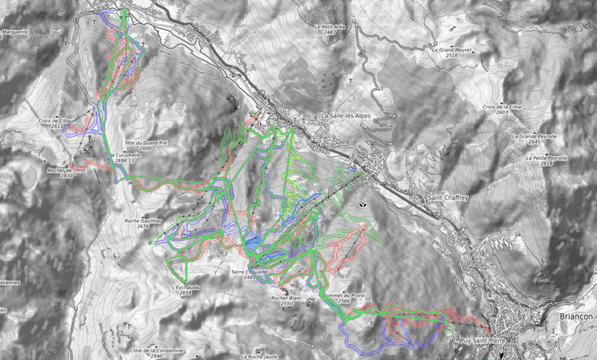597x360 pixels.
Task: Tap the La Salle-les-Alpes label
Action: pos(345,116)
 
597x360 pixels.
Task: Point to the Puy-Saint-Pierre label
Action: pos(482,341)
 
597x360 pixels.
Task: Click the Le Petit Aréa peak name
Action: pos(329,27)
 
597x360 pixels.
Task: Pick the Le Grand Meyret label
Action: pos(452,50)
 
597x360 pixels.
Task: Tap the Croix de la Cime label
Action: pos(502,107)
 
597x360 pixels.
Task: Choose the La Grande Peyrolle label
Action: pos(534,136)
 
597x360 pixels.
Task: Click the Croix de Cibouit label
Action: pos(57,121)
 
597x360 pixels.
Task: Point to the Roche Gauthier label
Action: pos(142,221)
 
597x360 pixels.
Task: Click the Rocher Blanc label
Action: pos(286,298)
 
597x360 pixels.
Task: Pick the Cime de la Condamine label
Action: pos(156,350)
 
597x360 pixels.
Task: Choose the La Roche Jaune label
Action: pos(260,356)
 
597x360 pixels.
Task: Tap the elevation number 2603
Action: pos(502,112)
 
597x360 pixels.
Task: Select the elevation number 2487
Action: pos(329,32)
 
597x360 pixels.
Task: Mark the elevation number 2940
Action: pos(156,356)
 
